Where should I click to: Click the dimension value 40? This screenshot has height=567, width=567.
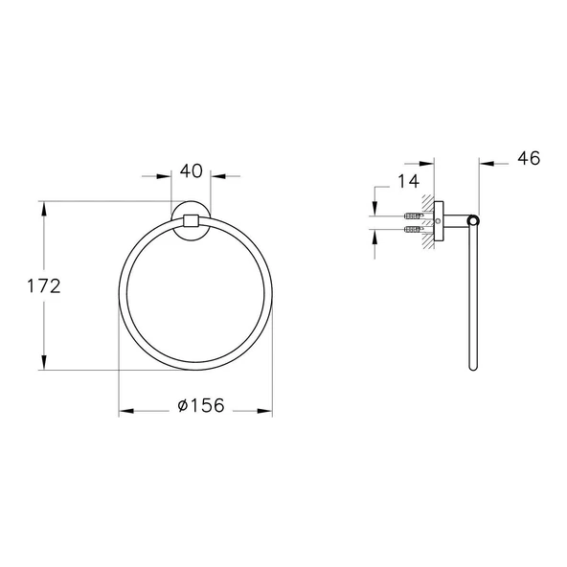(x=192, y=171)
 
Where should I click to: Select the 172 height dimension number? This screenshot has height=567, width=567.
(x=44, y=286)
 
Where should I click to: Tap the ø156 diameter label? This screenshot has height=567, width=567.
(x=201, y=405)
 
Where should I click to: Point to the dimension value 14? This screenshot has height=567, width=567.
(x=408, y=181)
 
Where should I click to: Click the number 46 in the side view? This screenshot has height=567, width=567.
(x=529, y=158)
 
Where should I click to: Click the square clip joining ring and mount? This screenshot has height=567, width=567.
(x=192, y=220)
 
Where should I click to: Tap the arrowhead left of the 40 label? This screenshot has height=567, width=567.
(x=164, y=176)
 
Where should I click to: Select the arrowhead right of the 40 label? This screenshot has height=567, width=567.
(x=218, y=176)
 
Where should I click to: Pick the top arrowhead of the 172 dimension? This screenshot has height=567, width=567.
(x=44, y=209)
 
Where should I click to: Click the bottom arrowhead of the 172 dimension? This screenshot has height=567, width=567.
(x=44, y=362)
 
